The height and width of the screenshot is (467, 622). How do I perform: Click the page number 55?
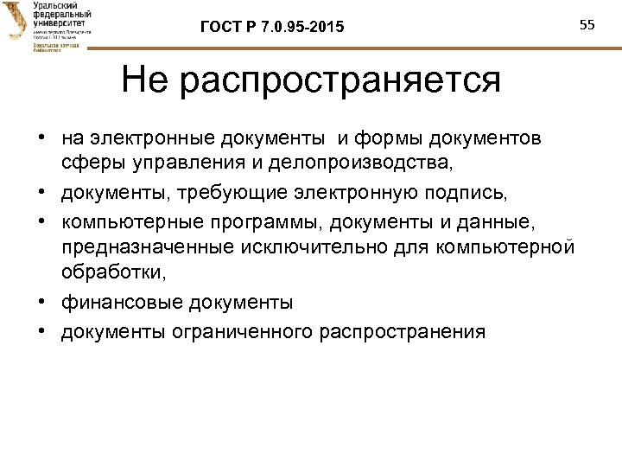click(588, 24)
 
